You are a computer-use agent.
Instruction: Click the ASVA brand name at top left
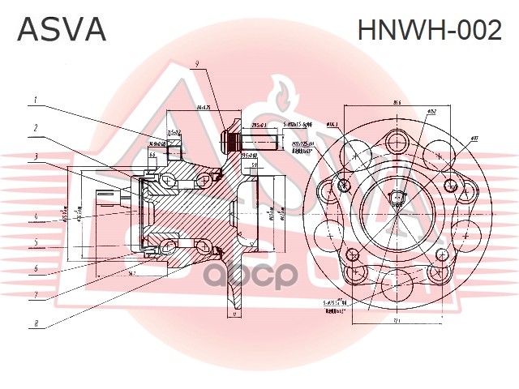click(x=62, y=30)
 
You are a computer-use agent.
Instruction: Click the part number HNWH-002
click(x=430, y=30)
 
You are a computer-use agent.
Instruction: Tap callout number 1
click(x=36, y=100)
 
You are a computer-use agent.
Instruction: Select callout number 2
click(x=36, y=128)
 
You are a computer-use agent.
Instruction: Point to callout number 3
click(x=36, y=156)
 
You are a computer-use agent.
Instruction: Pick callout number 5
click(x=36, y=242)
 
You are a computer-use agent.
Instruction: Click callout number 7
click(x=36, y=295)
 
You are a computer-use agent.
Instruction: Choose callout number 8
click(x=36, y=325)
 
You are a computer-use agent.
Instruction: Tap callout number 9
click(x=195, y=64)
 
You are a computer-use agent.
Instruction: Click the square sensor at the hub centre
click(x=397, y=200)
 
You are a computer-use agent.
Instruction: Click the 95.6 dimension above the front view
click(x=397, y=103)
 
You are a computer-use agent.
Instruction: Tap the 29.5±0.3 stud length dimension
click(x=259, y=126)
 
